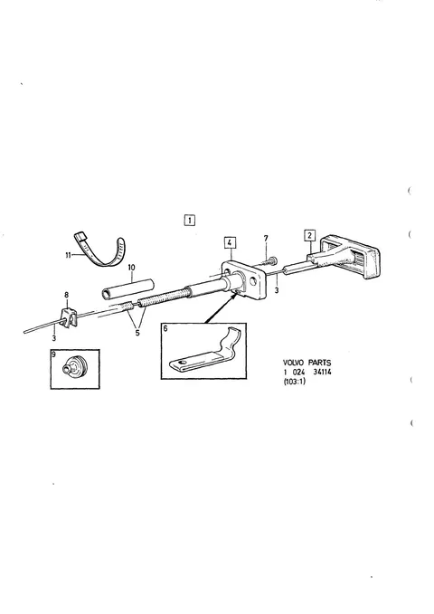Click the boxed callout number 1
pos(190,220)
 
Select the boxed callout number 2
pos(310,235)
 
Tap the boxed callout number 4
pos(231,242)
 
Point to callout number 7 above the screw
pos(266,239)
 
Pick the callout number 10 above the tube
pos(131,268)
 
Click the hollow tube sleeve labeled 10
pos(127,289)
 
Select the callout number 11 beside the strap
pos(68,255)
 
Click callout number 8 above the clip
pos(66,295)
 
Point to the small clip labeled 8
pos(68,317)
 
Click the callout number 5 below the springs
pos(137,334)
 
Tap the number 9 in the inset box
pos(54,354)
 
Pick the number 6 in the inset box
pos(165,328)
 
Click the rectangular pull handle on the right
pos(349,257)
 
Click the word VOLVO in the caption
pos(293,363)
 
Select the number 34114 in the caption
pos(323,372)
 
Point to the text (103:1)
pos(294,382)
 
